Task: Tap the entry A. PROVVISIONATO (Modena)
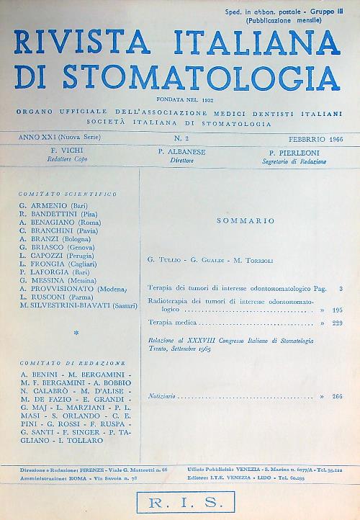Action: (73, 287)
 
